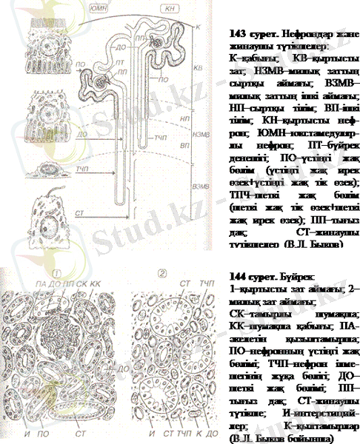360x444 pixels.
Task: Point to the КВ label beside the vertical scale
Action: pyautogui.click(x=197, y=67)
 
